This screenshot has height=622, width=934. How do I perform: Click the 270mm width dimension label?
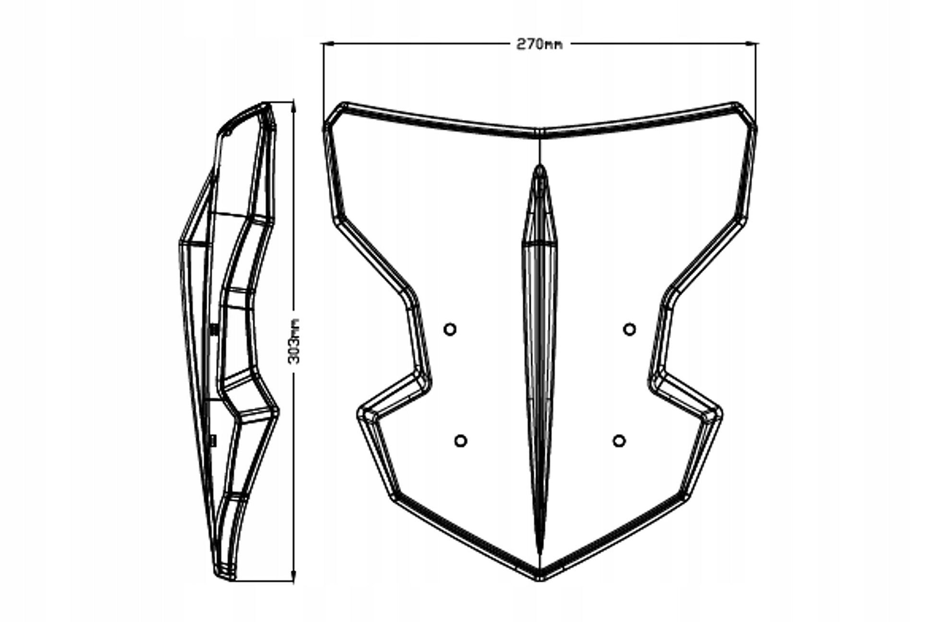pyautogui.click(x=539, y=44)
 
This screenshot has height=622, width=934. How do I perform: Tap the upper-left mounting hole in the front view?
pyautogui.click(x=450, y=329)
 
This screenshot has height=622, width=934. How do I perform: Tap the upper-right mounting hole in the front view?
pyautogui.click(x=630, y=329)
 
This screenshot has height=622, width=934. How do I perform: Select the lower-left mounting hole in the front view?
pyautogui.click(x=460, y=441)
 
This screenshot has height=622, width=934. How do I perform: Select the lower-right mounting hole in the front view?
pyautogui.click(x=619, y=441)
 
